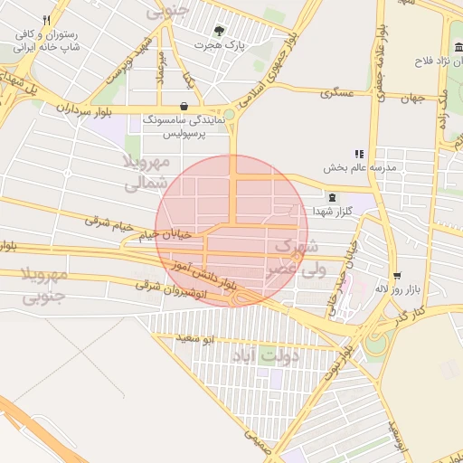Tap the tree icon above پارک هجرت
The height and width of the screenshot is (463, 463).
click(221, 31)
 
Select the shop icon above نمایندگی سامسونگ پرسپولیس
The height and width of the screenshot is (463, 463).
click(184, 106)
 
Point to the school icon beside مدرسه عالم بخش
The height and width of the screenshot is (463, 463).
click(359, 155)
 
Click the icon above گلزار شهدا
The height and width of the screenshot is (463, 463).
click(332, 197)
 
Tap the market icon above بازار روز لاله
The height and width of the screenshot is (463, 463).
click(396, 275)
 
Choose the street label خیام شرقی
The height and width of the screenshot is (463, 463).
click(109, 221)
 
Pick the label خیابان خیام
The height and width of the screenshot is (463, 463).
click(165, 234)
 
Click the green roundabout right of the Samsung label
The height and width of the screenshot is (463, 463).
click(230, 115)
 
